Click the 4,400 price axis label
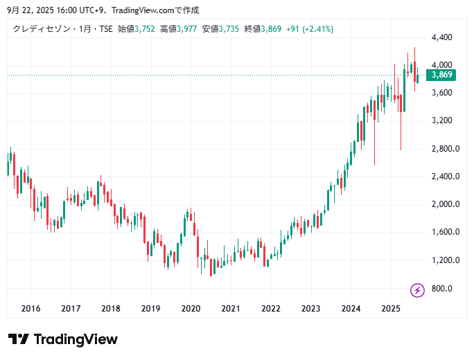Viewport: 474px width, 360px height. (x=441, y=37)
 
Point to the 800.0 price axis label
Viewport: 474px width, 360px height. (x=441, y=288)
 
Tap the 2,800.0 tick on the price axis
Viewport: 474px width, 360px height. (x=441, y=149)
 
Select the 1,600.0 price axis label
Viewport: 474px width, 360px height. (x=441, y=232)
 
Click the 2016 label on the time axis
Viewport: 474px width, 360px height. (x=30, y=309)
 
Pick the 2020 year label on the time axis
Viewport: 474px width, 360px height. (x=191, y=309)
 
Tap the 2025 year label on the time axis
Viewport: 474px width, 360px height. (x=391, y=309)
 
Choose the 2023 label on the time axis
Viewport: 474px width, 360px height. (x=311, y=309)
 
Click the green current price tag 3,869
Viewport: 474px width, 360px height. (x=441, y=75)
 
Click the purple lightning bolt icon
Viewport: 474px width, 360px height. (x=417, y=290)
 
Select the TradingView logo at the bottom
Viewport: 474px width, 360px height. (x=63, y=339)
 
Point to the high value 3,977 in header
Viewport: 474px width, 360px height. (x=187, y=29)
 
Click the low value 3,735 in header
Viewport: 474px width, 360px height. (x=229, y=29)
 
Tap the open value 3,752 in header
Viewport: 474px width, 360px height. (x=145, y=29)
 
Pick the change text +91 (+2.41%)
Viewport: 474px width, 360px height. (x=309, y=29)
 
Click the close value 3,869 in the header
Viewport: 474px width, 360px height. (x=272, y=29)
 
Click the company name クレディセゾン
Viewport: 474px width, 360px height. (x=39, y=29)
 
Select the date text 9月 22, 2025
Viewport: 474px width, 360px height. (x=33, y=10)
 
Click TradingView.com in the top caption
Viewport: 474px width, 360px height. (x=150, y=10)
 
